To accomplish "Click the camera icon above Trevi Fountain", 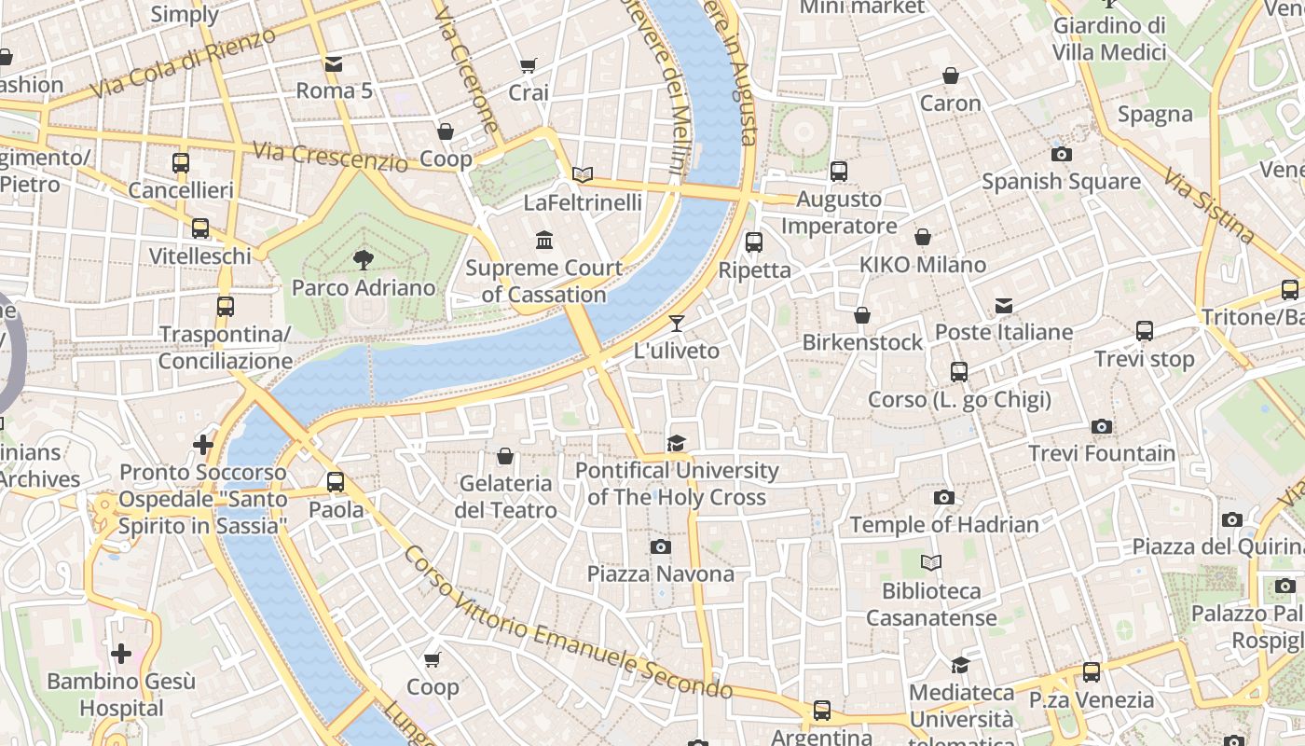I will pos(1102,427).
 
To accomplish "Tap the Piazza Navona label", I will pos(660,573).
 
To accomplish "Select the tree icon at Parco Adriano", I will pos(364,260).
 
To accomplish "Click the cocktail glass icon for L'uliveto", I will pos(677,324).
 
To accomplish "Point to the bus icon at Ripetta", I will pos(754,242).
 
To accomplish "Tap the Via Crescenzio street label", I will pos(330,156).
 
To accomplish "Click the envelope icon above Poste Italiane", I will pos(1004,306).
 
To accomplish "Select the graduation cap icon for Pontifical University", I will pos(677,443).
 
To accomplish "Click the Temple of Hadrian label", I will pos(943,525).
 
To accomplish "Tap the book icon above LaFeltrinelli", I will pos(583,174).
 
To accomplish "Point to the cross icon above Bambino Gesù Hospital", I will pos(121,653).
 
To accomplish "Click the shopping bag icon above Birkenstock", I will pos(862,316).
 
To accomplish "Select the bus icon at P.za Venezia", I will pos(1092,671).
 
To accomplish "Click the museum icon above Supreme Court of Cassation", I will pos(544,242).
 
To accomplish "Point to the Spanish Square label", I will pos(1061,181).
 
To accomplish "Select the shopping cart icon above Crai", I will pos(529,65).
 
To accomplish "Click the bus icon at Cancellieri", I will pos(181,163).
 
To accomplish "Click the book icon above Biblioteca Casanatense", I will pos(930,563).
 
